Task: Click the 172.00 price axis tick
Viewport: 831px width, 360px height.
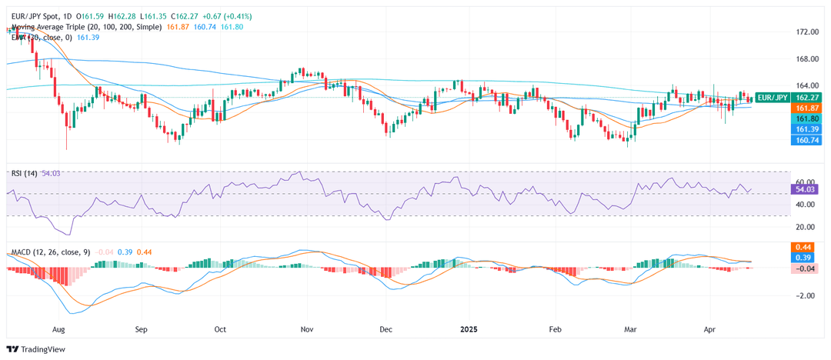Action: (x=807, y=32)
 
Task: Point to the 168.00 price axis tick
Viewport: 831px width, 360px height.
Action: (x=807, y=58)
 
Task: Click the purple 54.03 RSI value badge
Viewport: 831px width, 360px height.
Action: (x=805, y=188)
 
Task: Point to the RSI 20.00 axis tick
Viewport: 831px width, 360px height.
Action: (x=806, y=227)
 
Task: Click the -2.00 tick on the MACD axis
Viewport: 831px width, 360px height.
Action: (x=806, y=295)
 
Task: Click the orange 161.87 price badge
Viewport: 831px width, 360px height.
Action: (x=805, y=108)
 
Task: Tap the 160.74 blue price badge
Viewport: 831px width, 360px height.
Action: (x=805, y=141)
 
